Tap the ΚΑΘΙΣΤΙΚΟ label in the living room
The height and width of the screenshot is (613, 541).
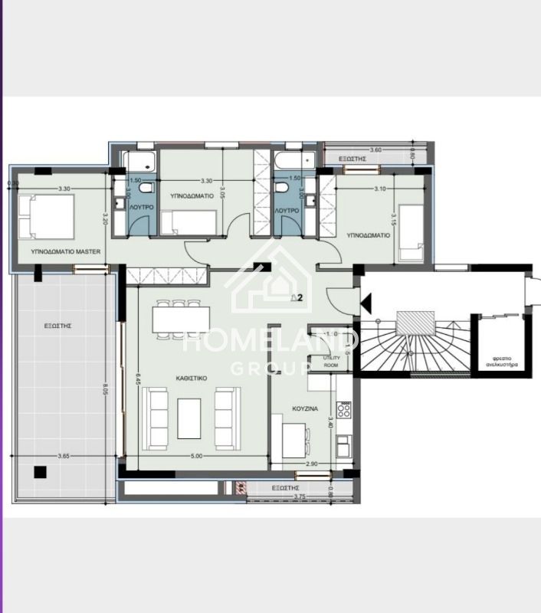189,379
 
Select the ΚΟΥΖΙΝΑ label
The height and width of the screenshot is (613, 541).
307,409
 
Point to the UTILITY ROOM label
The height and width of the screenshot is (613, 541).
331,362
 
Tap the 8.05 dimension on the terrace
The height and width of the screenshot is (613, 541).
104,389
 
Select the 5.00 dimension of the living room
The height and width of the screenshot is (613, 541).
196,457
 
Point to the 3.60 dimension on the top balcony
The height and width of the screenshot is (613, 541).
375,150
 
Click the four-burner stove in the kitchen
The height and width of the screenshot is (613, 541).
345,411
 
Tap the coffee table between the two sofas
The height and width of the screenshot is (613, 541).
189,418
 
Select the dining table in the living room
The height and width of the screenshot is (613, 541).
181,318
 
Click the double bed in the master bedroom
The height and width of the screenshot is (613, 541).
46,217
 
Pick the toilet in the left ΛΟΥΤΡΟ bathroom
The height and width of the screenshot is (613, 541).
148,188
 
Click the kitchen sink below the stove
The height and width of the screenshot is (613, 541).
345,444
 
